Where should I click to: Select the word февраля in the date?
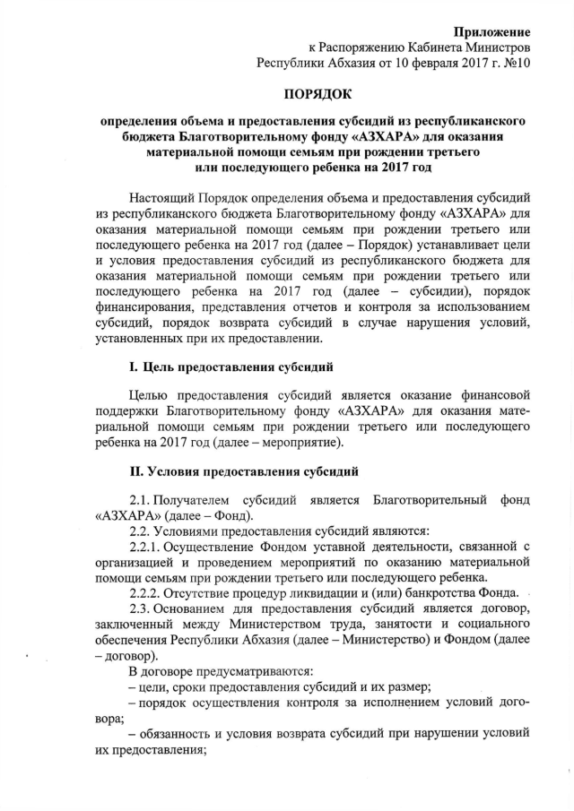point(415,63)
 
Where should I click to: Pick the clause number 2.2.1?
point(149,546)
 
